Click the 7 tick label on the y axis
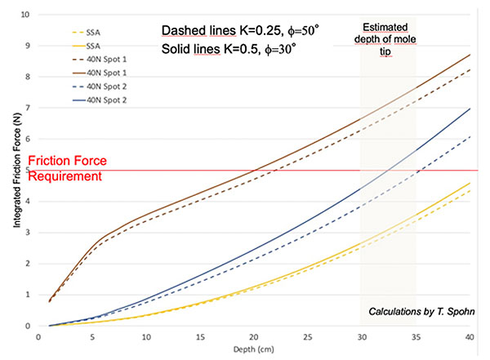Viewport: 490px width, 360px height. (28, 109)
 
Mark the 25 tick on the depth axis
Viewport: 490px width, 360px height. (308, 336)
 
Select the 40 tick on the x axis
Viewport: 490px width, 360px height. (470, 336)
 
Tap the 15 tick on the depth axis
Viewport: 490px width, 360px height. (200, 336)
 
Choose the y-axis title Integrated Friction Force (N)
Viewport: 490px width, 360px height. (12, 171)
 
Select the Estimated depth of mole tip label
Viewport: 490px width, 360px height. (388, 38)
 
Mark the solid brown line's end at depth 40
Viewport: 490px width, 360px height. (470, 55)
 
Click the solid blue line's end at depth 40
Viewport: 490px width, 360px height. (470, 109)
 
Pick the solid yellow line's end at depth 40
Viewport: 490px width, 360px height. (470, 183)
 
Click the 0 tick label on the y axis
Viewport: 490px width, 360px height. (28, 326)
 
